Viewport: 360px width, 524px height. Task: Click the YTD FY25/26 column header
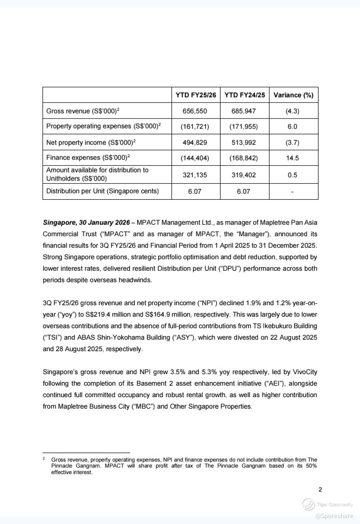[x=195, y=95]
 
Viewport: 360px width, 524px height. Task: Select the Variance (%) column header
[x=293, y=95]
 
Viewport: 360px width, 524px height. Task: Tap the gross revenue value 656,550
[x=195, y=111]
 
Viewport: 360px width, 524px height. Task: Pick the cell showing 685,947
[x=243, y=111]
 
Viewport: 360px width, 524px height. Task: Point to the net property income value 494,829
[x=195, y=142]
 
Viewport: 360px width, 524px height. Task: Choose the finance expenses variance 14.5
[x=292, y=158]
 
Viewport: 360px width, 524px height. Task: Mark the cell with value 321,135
[x=195, y=175]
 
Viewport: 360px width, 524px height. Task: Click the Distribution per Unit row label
[x=102, y=191]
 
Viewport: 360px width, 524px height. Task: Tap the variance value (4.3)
[x=292, y=111]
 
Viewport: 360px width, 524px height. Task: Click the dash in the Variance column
[x=292, y=192]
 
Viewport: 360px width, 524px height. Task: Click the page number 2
[x=320, y=490]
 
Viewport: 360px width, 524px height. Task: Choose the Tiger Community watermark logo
[x=308, y=505]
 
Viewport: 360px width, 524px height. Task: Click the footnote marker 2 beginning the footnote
[x=44, y=458]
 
